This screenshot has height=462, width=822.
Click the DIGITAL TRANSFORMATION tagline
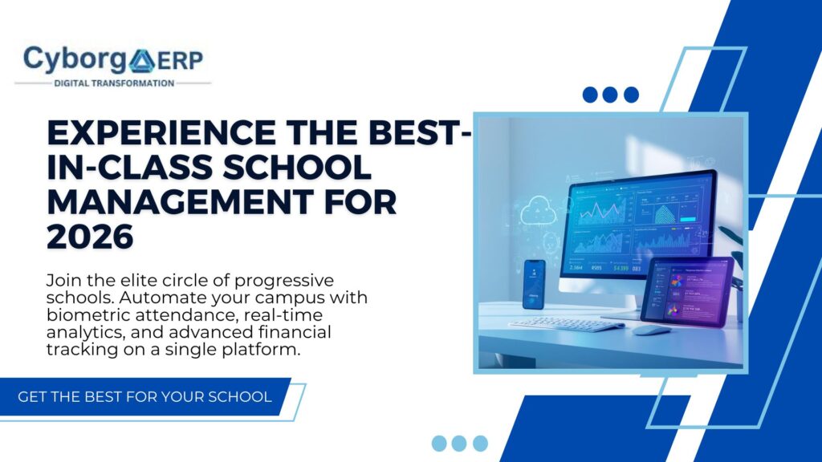pos(113,83)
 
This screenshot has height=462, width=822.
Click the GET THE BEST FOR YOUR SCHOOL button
pos(144,397)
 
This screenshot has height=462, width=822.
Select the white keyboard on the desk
pos(566,323)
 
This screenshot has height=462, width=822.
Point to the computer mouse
pos(652,329)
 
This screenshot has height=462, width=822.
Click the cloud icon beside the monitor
pos(538,213)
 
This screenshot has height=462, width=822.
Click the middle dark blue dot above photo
pos(610,95)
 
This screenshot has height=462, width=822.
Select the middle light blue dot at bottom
pos(459,443)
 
